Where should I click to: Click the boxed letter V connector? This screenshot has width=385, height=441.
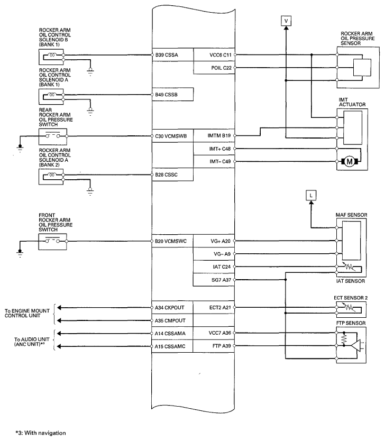pos(286,21)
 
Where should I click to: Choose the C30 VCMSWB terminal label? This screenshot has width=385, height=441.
pos(172,135)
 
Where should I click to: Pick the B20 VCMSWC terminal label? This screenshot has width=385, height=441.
pos(172,241)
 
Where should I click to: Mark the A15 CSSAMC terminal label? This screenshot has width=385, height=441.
pos(171,346)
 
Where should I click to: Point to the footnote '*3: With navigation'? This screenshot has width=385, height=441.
pos(41,433)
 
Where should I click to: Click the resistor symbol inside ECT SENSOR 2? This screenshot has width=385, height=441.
pos(349,307)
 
